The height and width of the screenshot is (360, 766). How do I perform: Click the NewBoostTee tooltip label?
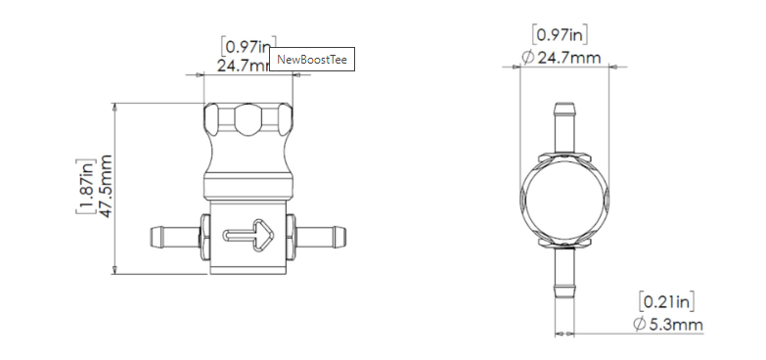pyautogui.click(x=311, y=60)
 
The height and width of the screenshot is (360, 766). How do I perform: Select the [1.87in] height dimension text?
pyautogui.click(x=86, y=187)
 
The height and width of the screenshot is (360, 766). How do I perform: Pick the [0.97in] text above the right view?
pyautogui.click(x=560, y=36)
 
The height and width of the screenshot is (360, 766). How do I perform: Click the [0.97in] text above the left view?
pyautogui.click(x=246, y=46)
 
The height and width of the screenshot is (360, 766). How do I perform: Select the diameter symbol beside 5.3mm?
pyautogui.click(x=639, y=325)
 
